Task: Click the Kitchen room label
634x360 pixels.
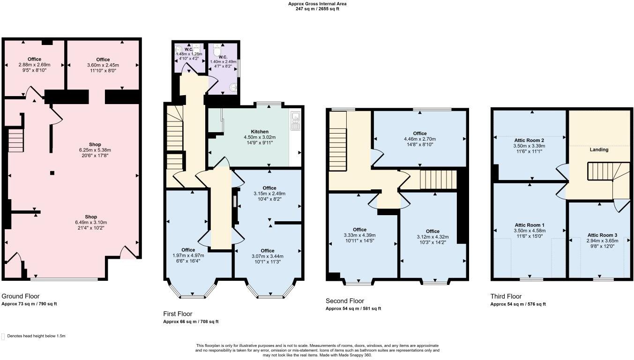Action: [260, 131]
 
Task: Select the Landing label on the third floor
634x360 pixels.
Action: [599, 150]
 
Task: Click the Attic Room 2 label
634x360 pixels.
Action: [529, 140]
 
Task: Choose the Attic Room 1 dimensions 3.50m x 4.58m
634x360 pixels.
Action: [529, 231]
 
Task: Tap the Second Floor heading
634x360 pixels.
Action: [344, 301]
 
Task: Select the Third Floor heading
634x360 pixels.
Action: [506, 296]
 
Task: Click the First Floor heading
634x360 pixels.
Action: [178, 314]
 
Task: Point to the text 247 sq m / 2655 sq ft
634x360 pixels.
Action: [317, 8]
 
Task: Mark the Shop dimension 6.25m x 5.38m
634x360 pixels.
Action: [95, 150]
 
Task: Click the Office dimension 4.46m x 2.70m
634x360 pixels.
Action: [419, 139]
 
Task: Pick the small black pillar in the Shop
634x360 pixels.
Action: [52, 173]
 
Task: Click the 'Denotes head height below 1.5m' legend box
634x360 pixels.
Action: [3, 336]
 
